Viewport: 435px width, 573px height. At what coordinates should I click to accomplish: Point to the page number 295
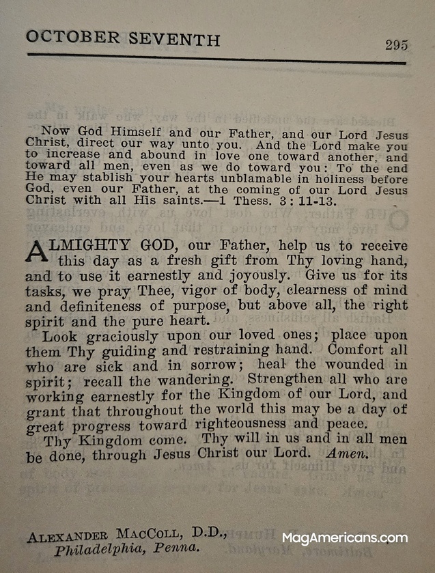396,45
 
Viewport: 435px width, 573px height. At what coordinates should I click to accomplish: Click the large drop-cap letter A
38,251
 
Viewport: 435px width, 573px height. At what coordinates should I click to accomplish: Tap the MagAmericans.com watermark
344,538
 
